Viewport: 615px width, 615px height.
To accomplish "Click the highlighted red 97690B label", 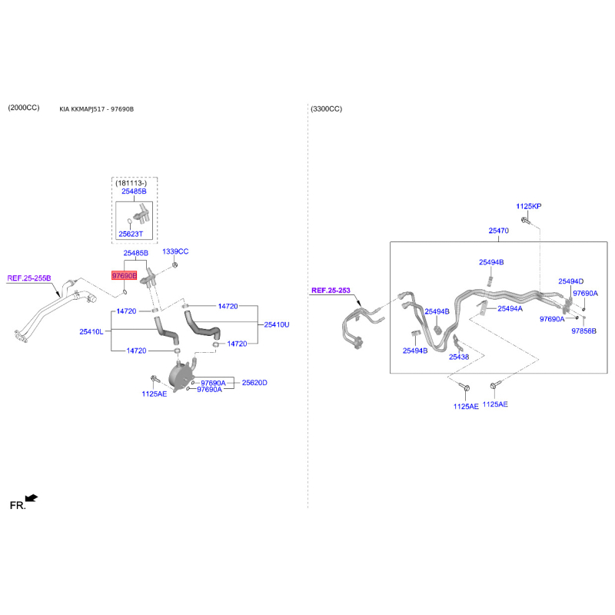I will (124, 275).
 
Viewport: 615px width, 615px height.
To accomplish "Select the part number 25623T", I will (135, 233).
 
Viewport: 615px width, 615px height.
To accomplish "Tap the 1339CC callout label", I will (175, 251).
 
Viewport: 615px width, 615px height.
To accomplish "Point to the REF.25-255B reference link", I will (29, 278).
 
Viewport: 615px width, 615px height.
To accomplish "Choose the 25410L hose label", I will (91, 331).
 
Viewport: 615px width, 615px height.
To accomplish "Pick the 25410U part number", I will (277, 324).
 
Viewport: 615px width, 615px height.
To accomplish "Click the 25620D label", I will (254, 382).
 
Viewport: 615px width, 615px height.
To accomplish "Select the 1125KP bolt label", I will (529, 207).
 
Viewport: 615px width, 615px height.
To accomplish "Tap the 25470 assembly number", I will (499, 231).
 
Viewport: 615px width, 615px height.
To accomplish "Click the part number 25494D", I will (570, 281).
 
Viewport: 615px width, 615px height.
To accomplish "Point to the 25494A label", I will (510, 308).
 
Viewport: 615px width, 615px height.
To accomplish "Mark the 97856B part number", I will (583, 331).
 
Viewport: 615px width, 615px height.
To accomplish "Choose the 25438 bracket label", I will (459, 357).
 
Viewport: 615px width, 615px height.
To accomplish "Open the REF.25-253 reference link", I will (331, 291).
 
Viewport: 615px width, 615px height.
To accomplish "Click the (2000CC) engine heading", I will (23, 108).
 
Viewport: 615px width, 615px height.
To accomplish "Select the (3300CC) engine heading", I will (327, 109).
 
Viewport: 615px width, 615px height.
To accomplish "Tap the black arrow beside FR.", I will (32, 499).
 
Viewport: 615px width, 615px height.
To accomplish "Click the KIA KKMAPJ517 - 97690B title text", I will (96, 109).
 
